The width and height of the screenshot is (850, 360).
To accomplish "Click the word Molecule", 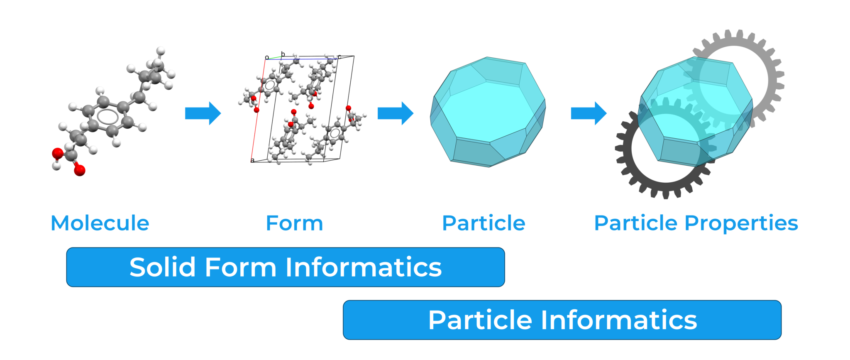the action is pos(100,223).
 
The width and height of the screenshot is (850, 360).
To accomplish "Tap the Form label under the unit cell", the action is pos(294,223).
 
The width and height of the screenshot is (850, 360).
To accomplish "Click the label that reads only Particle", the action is pos(484,223).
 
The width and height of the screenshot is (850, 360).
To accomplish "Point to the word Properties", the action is pos(741,224).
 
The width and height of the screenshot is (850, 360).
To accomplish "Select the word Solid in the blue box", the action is pos(162,267).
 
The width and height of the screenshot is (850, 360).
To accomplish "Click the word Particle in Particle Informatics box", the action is pos(480,320).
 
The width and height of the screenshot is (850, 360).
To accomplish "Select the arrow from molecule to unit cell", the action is pos(203,113).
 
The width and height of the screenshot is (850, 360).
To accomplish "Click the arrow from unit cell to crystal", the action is pos(396,113).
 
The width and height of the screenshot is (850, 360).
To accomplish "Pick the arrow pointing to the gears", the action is pos(589,113).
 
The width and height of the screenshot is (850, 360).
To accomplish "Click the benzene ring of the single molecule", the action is pos(107,117).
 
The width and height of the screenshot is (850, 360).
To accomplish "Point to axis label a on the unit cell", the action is pos(252,160).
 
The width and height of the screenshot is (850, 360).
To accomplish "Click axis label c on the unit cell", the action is pos(339,56).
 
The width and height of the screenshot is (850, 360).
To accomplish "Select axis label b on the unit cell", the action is pos(283,54).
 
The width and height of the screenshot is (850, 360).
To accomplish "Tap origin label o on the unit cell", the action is pos(267,57).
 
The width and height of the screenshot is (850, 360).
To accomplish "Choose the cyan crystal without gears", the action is pos(488,112).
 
